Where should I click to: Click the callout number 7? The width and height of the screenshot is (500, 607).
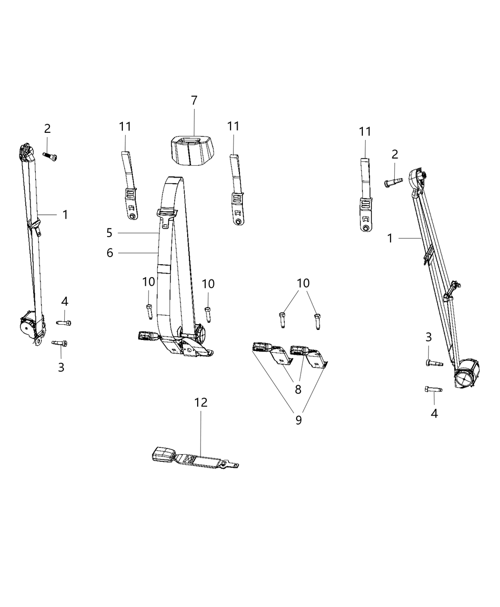pos(194,100)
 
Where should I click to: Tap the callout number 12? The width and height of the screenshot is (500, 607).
pos(200,402)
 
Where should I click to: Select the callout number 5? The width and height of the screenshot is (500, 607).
pos(110,233)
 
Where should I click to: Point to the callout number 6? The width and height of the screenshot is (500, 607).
pos(110,253)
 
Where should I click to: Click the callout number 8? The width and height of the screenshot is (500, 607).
pos(298,389)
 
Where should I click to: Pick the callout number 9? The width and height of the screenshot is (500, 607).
pos(298,420)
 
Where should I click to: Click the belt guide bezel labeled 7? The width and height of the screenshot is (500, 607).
pos(191,148)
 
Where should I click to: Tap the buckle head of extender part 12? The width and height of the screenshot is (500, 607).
pos(164,454)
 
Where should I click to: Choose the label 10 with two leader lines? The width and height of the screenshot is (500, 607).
pos(303,283)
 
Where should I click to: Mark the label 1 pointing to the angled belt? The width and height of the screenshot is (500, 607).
pos(390,238)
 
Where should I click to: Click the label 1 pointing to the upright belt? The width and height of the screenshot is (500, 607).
pos(65,215)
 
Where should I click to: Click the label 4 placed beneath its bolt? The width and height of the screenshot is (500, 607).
pos(434,413)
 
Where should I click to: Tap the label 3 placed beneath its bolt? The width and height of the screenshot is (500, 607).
pos(61,367)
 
